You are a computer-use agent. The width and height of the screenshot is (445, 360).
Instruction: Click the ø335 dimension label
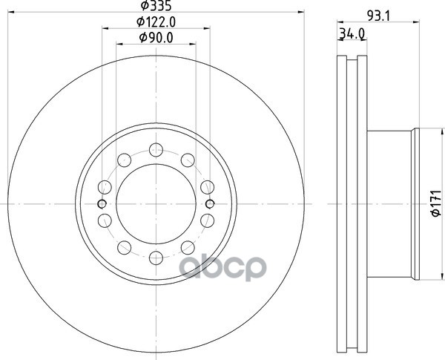tap(156, 6)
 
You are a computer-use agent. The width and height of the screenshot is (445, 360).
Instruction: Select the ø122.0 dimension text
tap(156, 22)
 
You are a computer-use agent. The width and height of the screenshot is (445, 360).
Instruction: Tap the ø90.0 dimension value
tap(156, 38)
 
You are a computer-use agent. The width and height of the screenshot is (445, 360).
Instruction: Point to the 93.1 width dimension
tap(379, 16)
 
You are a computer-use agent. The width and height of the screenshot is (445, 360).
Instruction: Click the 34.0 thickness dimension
tap(352, 34)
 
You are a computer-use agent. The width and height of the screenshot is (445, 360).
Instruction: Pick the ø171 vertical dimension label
tap(437, 203)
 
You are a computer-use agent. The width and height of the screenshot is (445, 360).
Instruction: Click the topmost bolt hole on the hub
tap(156, 150)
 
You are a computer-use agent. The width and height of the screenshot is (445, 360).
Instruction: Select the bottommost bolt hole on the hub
tap(156, 258)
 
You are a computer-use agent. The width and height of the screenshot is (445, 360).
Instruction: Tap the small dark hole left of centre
tap(102, 203)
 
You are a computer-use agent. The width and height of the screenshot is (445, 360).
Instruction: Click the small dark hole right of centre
tap(210, 203)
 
